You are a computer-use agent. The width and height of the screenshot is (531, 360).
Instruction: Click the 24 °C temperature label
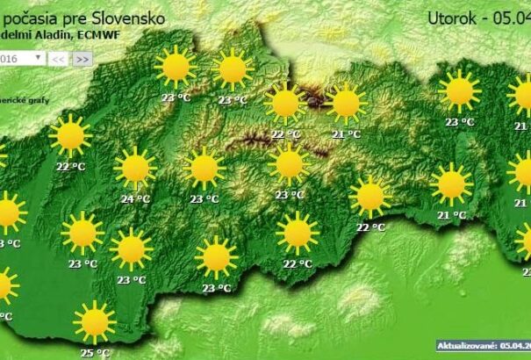point(134,198)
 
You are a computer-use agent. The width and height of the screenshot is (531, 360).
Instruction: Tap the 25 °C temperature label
point(95,353)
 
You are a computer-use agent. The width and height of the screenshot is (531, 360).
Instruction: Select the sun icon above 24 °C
point(134,168)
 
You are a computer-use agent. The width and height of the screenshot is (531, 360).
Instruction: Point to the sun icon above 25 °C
point(94,321)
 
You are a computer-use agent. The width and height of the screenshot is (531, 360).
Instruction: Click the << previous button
point(59,58)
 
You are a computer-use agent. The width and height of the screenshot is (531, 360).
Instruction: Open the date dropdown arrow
point(39,57)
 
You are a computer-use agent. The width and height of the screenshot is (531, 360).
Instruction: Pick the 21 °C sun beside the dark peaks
point(346,103)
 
